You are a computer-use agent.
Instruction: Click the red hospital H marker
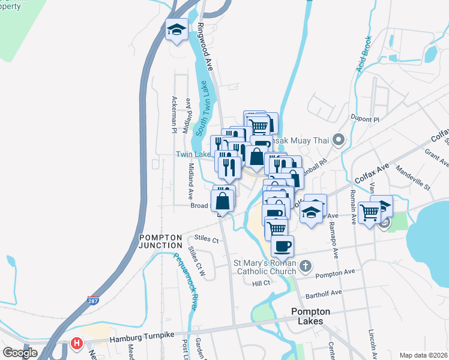[77, 344]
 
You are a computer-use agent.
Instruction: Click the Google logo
[20, 353]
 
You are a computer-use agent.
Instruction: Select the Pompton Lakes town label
[307, 316]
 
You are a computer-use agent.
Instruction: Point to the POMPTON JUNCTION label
[161, 241]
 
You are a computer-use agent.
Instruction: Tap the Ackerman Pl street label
[173, 114]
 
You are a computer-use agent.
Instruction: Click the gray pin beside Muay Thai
[338, 141]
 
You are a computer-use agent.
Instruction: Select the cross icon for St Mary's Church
[306, 265]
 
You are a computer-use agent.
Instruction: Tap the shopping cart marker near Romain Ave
[369, 211]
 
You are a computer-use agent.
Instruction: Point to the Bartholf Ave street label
[324, 293]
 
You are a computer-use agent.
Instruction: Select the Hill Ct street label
[262, 283]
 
